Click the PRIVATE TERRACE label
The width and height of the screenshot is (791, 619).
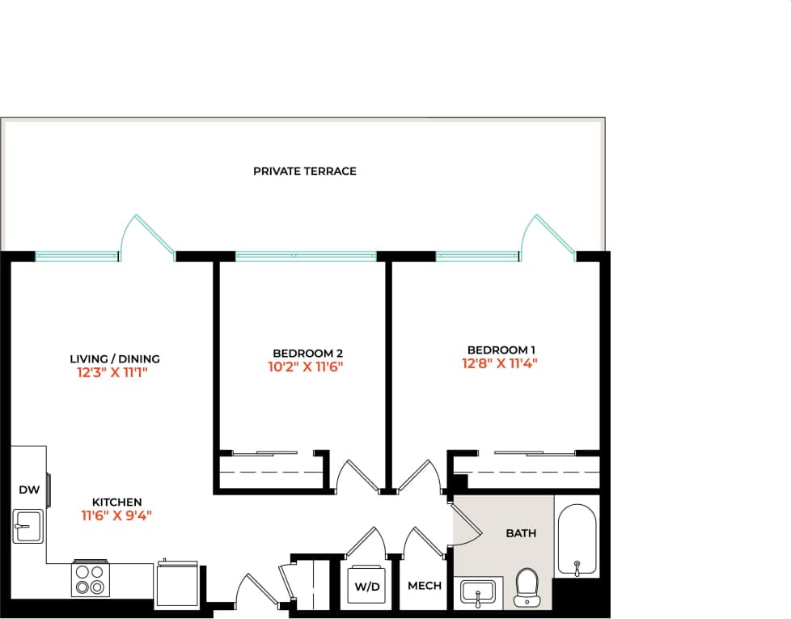pos(304,172)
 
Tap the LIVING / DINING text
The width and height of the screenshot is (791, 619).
pos(115,359)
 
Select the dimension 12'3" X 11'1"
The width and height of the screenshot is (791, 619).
pos(115,374)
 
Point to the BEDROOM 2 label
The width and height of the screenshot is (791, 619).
pos(308,354)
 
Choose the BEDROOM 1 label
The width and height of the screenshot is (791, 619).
pos(501,350)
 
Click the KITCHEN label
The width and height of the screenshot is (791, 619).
pos(116,502)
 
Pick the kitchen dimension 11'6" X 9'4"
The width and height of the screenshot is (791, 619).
pos(116,515)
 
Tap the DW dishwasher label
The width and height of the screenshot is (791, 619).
pos(29,490)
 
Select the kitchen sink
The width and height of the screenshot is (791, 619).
pos(28,526)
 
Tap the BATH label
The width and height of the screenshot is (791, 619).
pos(521,533)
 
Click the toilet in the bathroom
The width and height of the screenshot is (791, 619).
pos(527,587)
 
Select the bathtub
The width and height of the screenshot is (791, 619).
pos(577,541)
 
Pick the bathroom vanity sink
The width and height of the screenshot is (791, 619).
pos(479,593)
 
